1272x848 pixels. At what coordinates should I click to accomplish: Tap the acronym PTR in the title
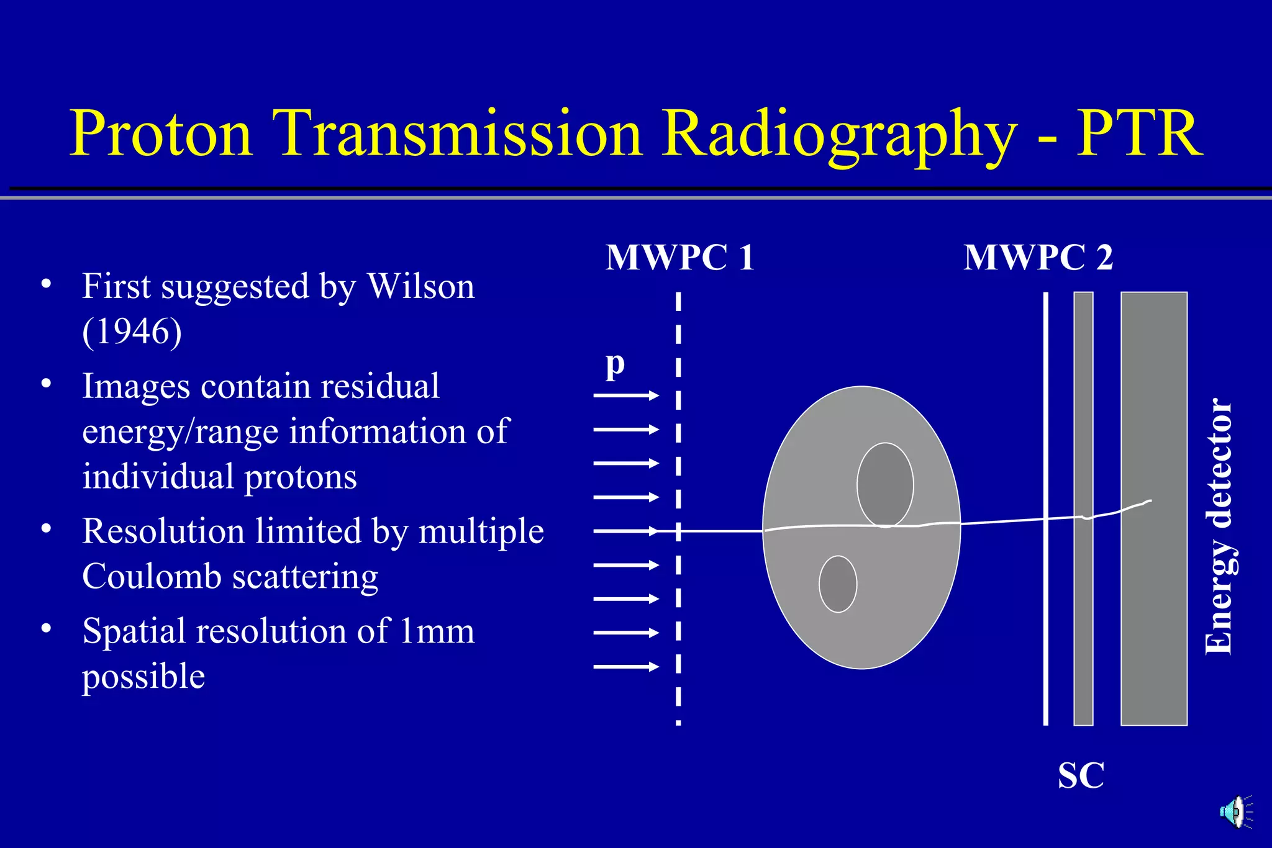pos(1139,133)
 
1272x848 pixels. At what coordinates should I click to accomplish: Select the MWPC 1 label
pos(680,258)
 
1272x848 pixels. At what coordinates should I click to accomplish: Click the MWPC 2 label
pos(1038,258)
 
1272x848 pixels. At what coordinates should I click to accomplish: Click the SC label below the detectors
pos(1081,776)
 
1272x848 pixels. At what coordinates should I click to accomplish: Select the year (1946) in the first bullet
pos(132,332)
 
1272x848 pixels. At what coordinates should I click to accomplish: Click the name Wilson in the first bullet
pos(420,287)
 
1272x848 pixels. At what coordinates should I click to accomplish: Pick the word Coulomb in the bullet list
pos(152,577)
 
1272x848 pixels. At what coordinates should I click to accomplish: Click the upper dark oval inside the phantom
pos(885,484)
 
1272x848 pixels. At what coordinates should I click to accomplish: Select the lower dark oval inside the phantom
pos(838,584)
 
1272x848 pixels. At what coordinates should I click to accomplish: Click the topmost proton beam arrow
pos(625,395)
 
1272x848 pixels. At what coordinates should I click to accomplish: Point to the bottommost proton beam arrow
pos(625,667)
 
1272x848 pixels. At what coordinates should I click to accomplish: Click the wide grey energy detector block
pos(1154,621)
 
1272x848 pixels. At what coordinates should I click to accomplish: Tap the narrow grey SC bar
pos(1083,621)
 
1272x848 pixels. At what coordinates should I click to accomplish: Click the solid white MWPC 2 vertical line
pos(1046,621)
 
